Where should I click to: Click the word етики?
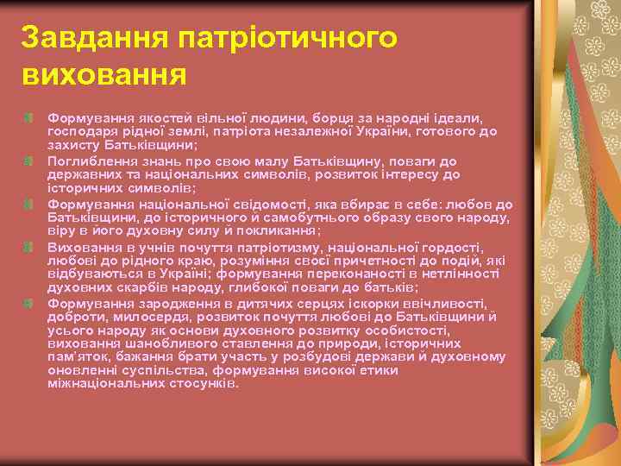point(379,370)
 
